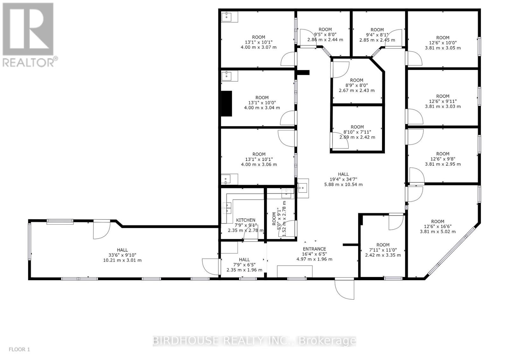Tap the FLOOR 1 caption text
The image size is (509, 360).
[x=19, y=350]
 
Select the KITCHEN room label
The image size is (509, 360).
[x=246, y=220]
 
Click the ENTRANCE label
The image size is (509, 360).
[x=314, y=249]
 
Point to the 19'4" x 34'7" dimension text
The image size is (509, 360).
[x=343, y=179]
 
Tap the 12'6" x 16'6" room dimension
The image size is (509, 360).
[x=438, y=226]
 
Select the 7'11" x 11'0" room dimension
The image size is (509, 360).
[x=383, y=250]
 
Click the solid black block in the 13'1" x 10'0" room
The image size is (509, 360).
[x=227, y=104]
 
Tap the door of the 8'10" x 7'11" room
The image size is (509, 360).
[x=339, y=141]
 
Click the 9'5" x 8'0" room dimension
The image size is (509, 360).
[x=325, y=35]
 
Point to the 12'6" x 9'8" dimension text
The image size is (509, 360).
[x=443, y=159]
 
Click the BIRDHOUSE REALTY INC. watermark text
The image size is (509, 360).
[x=254, y=341]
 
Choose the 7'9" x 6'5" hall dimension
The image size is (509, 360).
[x=244, y=265]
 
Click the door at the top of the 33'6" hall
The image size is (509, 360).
[x=101, y=229]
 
